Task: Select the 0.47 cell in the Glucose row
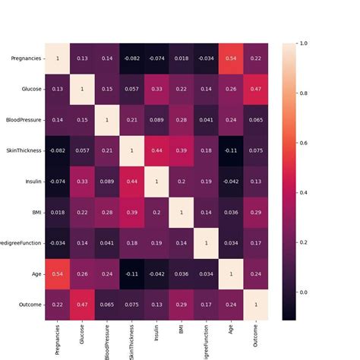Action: (255, 89)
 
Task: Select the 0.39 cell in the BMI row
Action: (132, 212)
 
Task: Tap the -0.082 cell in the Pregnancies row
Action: (132, 58)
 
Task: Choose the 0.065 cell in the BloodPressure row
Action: (255, 120)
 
